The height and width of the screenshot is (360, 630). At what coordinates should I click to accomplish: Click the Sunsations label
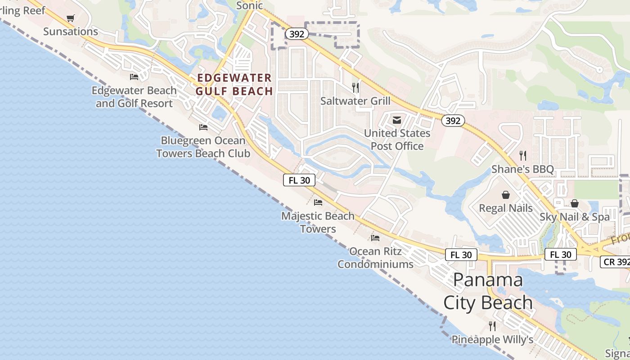click(71, 31)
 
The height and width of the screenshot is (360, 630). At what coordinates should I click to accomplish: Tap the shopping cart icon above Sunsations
click(70, 18)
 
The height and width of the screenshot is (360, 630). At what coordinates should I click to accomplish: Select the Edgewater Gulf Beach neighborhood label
click(234, 85)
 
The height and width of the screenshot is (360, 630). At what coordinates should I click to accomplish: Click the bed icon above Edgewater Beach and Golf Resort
click(134, 77)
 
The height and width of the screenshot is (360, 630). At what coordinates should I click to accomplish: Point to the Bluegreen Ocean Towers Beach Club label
click(203, 147)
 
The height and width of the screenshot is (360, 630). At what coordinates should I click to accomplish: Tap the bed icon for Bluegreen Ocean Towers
click(203, 127)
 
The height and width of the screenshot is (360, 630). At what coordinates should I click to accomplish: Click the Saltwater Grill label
click(355, 101)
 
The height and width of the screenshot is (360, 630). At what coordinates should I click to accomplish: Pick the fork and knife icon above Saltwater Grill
click(355, 87)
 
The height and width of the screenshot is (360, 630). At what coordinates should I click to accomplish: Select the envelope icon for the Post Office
click(397, 120)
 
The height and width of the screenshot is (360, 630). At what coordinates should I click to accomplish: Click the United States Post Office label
click(397, 139)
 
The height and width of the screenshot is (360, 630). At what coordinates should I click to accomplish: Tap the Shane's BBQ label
click(522, 169)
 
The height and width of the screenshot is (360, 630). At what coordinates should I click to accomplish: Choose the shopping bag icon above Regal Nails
click(506, 195)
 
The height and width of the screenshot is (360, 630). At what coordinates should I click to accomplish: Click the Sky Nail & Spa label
click(575, 217)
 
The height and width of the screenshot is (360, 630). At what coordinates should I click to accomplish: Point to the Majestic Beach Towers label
click(318, 222)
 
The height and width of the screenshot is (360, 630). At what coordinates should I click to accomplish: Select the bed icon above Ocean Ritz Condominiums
click(375, 238)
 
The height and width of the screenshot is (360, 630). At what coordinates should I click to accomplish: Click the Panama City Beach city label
click(488, 291)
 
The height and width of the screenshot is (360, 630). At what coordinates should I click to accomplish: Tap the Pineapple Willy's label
click(492, 339)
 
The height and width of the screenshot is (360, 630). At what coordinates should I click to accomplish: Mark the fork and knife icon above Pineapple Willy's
click(492, 326)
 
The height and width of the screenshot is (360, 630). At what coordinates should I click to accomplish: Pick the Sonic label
click(249, 5)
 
